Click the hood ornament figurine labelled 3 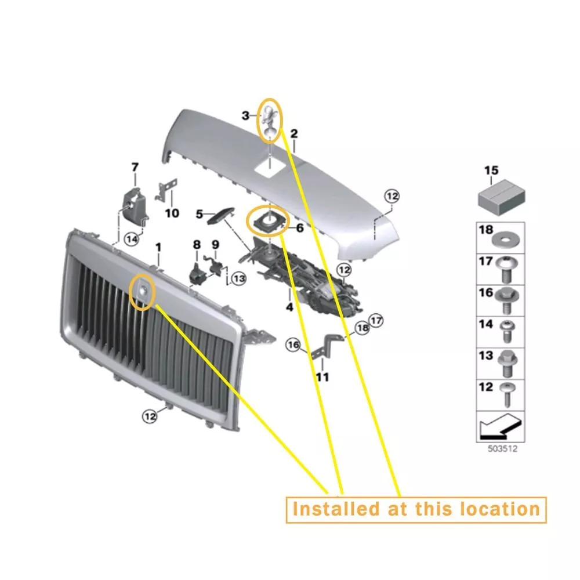click(x=269, y=121)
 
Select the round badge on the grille click(x=143, y=291)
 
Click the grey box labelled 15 click(x=501, y=197)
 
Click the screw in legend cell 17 click(x=507, y=270)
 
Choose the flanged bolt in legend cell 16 click(x=506, y=301)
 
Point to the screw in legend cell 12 click(x=506, y=394)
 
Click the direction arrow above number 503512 click(x=500, y=426)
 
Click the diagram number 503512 click(x=502, y=449)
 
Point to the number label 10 click(x=172, y=213)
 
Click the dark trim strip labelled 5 click(x=220, y=215)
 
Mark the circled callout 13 click(x=238, y=278)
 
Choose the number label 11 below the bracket click(x=322, y=377)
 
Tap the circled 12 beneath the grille click(x=150, y=416)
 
